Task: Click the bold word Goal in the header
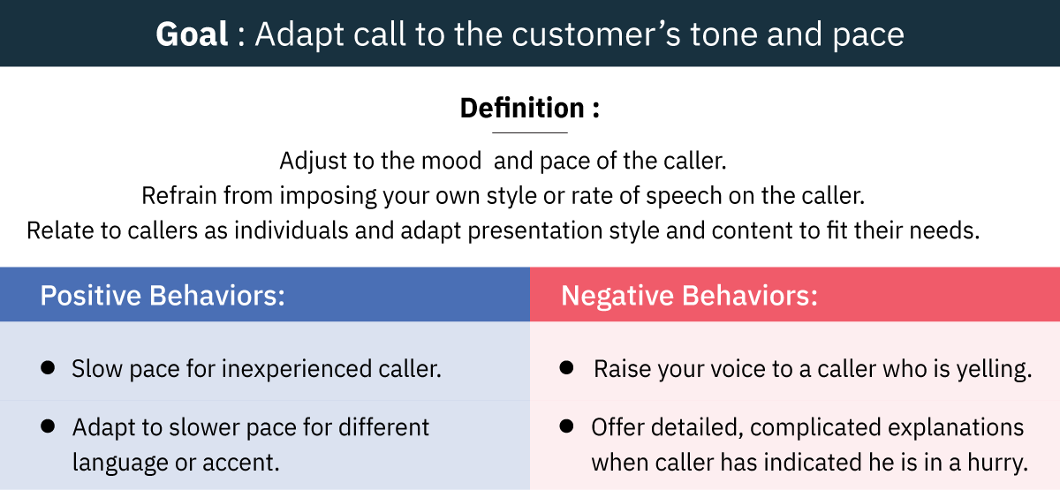pyautogui.click(x=193, y=34)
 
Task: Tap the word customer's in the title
pyautogui.click(x=595, y=34)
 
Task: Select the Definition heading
pyautogui.click(x=530, y=108)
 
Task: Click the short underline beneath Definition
pyautogui.click(x=529, y=133)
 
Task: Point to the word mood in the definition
pyautogui.click(x=451, y=161)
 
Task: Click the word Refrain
pyautogui.click(x=179, y=195)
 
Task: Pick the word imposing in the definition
pyautogui.click(x=328, y=196)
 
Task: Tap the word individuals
pyautogui.click(x=291, y=230)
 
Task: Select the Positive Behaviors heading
pyautogui.click(x=163, y=296)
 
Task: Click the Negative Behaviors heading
pyautogui.click(x=689, y=296)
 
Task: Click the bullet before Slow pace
pyautogui.click(x=48, y=367)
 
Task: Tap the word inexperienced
pyautogui.click(x=297, y=369)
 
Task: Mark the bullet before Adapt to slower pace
pyautogui.click(x=48, y=426)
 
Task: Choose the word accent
pyautogui.click(x=241, y=463)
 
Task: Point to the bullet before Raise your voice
pyautogui.click(x=566, y=367)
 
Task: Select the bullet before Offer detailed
pyautogui.click(x=566, y=426)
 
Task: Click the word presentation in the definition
pyautogui.click(x=534, y=231)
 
